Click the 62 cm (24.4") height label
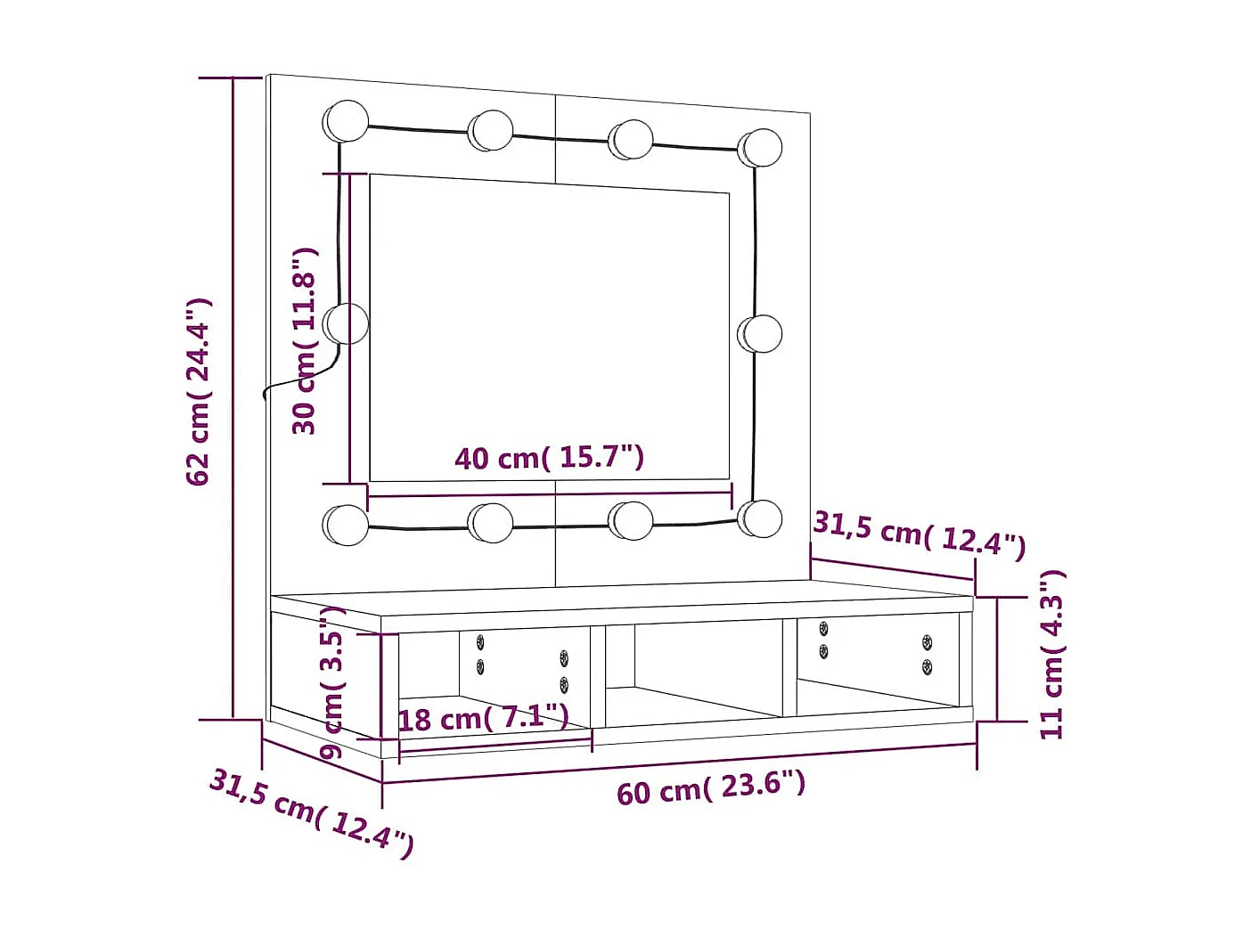click(198, 392)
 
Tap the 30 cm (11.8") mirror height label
click(305, 341)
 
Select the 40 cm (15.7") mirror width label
click(549, 458)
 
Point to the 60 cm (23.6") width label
click(710, 787)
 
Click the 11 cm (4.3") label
click(1052, 655)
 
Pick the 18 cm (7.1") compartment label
click(483, 717)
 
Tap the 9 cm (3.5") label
click(331, 681)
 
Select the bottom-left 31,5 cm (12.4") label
click(311, 812)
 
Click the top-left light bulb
click(346, 121)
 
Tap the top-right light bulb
click(760, 148)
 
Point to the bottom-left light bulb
click(346, 525)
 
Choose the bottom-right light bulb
click(760, 518)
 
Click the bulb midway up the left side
click(346, 323)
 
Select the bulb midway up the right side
click(760, 334)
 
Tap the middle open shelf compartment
click(695, 673)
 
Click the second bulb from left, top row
click(490, 131)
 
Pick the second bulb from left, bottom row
click(491, 523)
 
